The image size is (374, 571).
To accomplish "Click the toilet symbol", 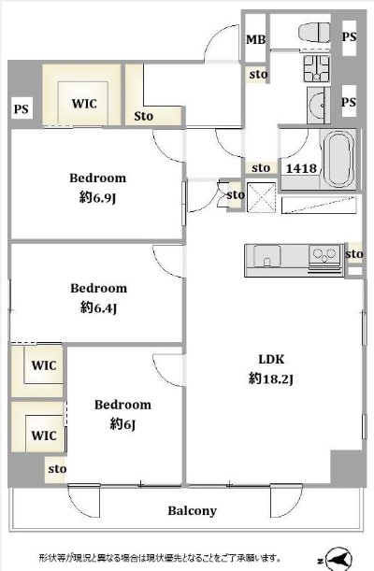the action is pos(315,32).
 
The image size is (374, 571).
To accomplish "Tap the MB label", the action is pos(255,39).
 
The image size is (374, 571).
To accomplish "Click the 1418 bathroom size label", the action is pos(301,168).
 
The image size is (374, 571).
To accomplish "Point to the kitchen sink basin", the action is pos(266,256).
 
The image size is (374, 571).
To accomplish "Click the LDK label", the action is pos(271,360).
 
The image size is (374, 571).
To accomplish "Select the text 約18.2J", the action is pos(271,378).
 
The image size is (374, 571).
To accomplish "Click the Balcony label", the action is pos(192,511).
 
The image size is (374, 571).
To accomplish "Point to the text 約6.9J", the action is pos(97,198).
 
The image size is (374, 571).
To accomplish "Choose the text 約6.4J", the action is pos(98,308).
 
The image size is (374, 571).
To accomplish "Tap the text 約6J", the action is pos(122,424).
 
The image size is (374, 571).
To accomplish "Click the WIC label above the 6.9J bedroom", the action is pos(84,104).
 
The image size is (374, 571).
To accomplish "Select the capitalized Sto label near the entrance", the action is pos(143,117).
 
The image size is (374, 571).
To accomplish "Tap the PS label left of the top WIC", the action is pos(22,109).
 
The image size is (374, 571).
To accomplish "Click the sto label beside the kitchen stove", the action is pos(354,254).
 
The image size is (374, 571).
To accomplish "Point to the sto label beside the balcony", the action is pos(57,469).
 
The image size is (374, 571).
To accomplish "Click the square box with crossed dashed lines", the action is pos(262,196).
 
